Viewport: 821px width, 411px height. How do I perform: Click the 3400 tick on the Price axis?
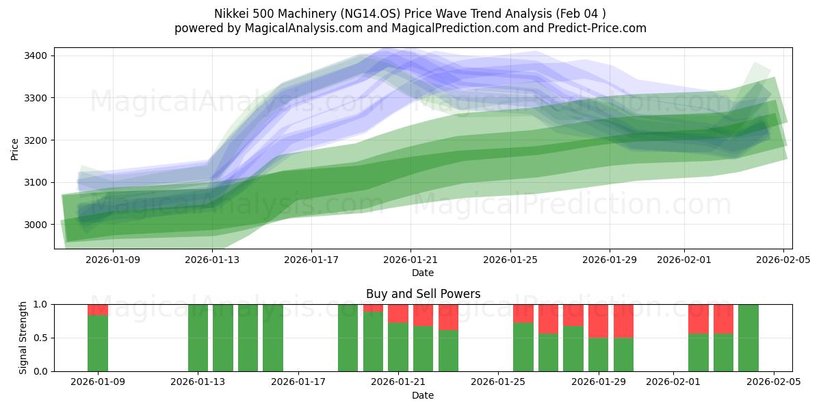[34, 55]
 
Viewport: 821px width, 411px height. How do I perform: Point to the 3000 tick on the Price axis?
[34, 225]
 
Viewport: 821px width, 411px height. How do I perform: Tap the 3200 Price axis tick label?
[34, 140]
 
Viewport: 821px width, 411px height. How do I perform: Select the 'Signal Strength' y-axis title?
[23, 337]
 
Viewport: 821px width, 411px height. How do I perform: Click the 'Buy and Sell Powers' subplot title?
[423, 294]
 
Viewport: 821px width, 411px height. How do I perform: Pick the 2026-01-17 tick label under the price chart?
[311, 260]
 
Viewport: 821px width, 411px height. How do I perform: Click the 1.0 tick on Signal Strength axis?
[40, 304]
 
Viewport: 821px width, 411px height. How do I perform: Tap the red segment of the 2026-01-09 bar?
[98, 310]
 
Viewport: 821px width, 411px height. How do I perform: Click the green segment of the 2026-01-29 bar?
[598, 355]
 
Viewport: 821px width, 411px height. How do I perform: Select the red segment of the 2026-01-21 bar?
[398, 314]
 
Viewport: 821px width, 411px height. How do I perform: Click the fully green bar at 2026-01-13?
[198, 338]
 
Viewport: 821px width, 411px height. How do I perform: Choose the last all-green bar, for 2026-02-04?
[748, 338]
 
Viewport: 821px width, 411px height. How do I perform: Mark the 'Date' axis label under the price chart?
[423, 273]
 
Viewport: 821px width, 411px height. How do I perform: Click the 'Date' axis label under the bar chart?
[423, 395]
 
